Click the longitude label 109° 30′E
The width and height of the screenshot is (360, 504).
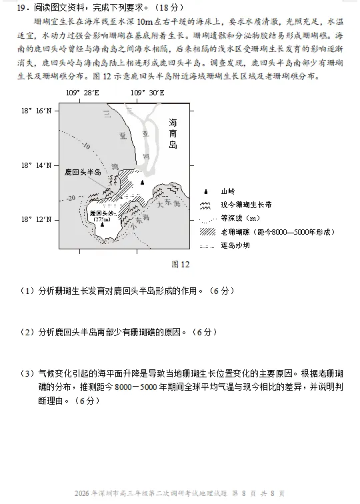[148, 93]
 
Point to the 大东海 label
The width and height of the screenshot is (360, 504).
[168, 206]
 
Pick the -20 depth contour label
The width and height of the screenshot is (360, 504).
[71, 198]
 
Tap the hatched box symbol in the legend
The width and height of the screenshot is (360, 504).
[206, 231]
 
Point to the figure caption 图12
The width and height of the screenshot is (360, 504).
[181, 264]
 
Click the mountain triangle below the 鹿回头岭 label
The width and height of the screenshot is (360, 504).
[102, 225]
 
